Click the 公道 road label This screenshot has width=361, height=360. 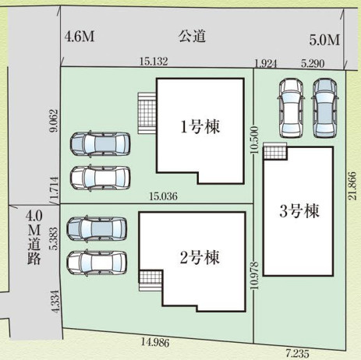pyautogui.click(x=192, y=37)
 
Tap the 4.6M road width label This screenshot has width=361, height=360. pyautogui.click(x=80, y=37)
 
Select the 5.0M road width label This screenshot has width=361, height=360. pyautogui.click(x=324, y=41)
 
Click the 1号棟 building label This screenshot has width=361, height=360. pyautogui.click(x=200, y=126)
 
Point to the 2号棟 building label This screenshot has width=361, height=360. pyautogui.click(x=200, y=257)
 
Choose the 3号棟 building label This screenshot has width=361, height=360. pyautogui.click(x=299, y=210)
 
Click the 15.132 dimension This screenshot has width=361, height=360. pyautogui.click(x=154, y=62)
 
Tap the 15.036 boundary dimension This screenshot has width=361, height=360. pyautogui.click(x=163, y=196)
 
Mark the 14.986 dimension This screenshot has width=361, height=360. pyautogui.click(x=155, y=342)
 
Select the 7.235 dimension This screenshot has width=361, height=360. pyautogui.click(x=297, y=353)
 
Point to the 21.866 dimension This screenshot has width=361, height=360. pyautogui.click(x=352, y=185)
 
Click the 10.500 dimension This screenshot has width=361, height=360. pyautogui.click(x=255, y=139)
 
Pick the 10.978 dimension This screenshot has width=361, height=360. pyautogui.click(x=255, y=275)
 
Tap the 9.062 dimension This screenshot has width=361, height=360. pyautogui.click(x=54, y=121)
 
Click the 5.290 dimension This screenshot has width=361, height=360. pyautogui.click(x=313, y=63)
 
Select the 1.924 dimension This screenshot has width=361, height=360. pyautogui.click(x=266, y=63)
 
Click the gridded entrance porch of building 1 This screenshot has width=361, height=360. pyautogui.click(x=147, y=114)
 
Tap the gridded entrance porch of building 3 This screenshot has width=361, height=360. pyautogui.click(x=275, y=151)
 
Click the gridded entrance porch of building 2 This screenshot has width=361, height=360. pyautogui.click(x=150, y=281)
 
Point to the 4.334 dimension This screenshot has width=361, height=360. pyautogui.click(x=56, y=302)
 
